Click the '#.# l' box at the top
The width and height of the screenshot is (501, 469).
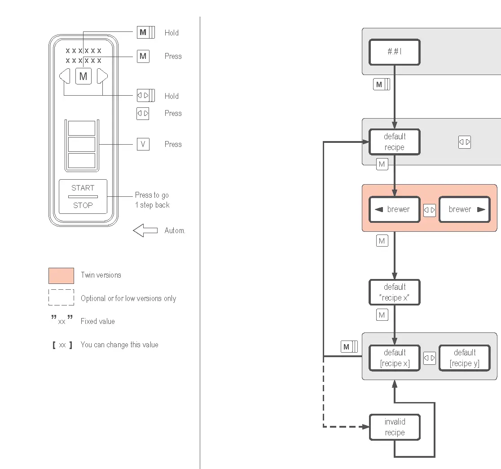394,52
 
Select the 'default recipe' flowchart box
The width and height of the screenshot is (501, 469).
394,142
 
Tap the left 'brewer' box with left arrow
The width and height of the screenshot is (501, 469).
394,209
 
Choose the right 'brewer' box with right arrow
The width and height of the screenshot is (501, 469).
465,209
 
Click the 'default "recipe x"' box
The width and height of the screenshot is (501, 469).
394,292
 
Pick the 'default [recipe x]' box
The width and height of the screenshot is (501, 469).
394,358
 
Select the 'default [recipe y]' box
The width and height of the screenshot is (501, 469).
465,358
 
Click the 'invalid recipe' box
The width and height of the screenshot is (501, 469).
395,427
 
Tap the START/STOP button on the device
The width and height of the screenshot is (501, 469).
83,197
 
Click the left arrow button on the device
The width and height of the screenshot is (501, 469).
65,76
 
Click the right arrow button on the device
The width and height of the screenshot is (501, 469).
102,76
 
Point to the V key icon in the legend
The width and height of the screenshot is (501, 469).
143,144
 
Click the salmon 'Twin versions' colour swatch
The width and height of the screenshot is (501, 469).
62,275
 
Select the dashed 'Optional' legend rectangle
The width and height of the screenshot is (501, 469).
62,297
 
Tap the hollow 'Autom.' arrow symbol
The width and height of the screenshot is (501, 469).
145,230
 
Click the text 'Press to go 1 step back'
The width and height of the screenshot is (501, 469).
152,200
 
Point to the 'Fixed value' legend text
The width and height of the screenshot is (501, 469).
98,321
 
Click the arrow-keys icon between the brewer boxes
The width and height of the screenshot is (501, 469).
430,210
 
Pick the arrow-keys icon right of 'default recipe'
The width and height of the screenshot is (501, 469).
465,142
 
